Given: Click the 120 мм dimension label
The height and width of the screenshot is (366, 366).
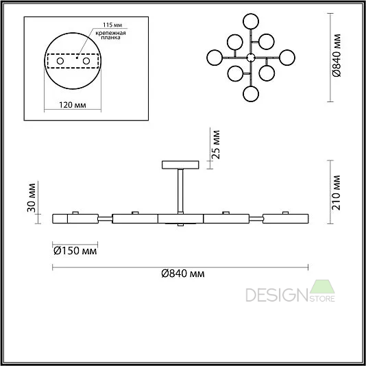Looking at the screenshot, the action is (x=73, y=105).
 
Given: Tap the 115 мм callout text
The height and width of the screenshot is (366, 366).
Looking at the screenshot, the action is (x=112, y=25).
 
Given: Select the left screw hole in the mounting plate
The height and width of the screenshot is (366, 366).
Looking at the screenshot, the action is (x=60, y=61).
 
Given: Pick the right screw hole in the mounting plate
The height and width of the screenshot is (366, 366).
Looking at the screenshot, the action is (x=86, y=61).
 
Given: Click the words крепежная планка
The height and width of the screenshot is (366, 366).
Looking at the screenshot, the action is (x=110, y=35).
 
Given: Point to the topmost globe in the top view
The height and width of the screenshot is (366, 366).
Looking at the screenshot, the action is (x=251, y=21).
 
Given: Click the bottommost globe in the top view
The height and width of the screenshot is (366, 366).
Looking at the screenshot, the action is (x=251, y=94).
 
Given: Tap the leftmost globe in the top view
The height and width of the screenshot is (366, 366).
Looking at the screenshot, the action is (x=215, y=58).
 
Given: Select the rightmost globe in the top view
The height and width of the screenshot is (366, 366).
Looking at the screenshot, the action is (x=287, y=58).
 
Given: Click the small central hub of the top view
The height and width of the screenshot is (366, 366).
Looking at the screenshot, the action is (x=251, y=58).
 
